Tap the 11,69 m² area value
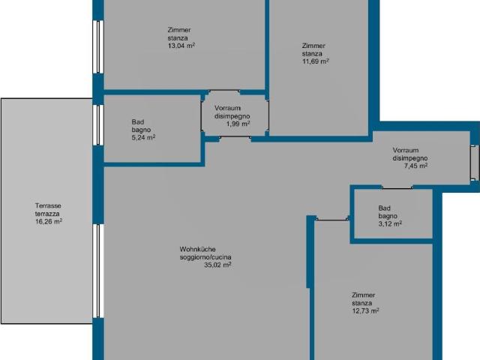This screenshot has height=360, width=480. pyautogui.click(x=315, y=62)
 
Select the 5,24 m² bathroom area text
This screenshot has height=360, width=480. pyautogui.click(x=142, y=138)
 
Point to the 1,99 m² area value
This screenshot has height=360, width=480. pyautogui.click(x=238, y=124)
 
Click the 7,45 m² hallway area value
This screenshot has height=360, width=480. pyautogui.click(x=415, y=166)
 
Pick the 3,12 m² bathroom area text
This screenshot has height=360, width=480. pyautogui.click(x=390, y=223)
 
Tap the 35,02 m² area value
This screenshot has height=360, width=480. pyautogui.click(x=217, y=265)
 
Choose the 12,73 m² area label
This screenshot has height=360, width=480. pyautogui.click(x=365, y=311)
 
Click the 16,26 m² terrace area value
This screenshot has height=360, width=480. pyautogui.click(x=48, y=222)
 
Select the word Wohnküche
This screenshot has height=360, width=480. pyautogui.click(x=197, y=249)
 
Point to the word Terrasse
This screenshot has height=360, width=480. pyautogui.click(x=48, y=205)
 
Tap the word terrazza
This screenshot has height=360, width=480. pyautogui.click(x=48, y=214)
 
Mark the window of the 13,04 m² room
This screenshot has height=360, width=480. pyautogui.click(x=97, y=46)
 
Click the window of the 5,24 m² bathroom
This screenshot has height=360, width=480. pyautogui.click(x=97, y=124)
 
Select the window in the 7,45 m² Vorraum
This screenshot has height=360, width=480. pyautogui.click(x=473, y=163)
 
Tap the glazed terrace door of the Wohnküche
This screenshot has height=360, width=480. pyautogui.click(x=97, y=270)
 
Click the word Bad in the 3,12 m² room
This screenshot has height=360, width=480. pyautogui.click(x=385, y=208)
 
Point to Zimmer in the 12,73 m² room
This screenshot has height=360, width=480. pyautogui.click(x=363, y=295)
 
